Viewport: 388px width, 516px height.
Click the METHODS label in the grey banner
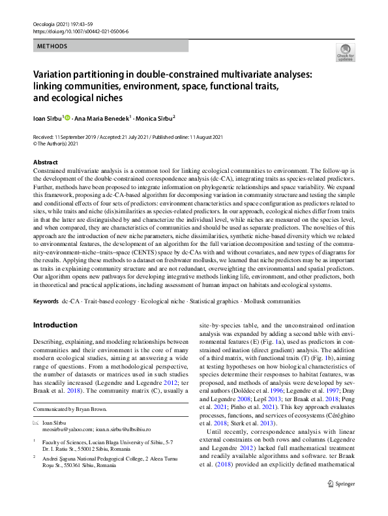click(x=52, y=46)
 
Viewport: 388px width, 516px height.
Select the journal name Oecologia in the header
click(x=46, y=23)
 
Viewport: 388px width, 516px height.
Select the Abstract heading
click(x=45, y=162)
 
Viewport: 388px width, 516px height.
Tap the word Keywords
click(x=44, y=301)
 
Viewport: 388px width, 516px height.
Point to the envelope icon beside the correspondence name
click(x=36, y=423)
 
